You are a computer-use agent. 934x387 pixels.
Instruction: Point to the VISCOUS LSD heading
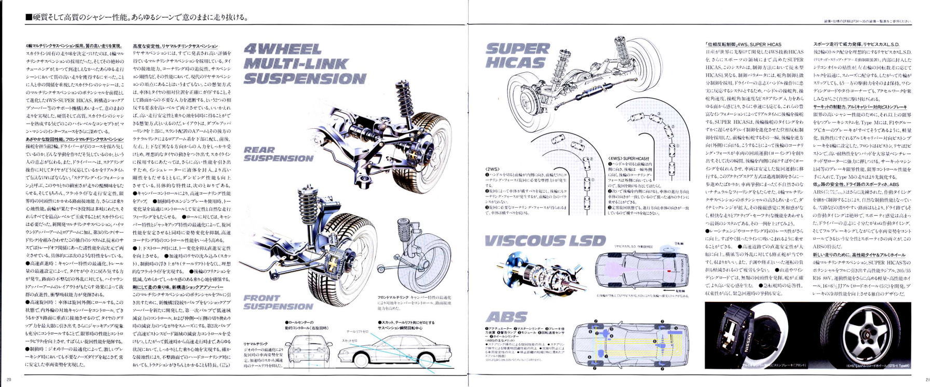(545, 241)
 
